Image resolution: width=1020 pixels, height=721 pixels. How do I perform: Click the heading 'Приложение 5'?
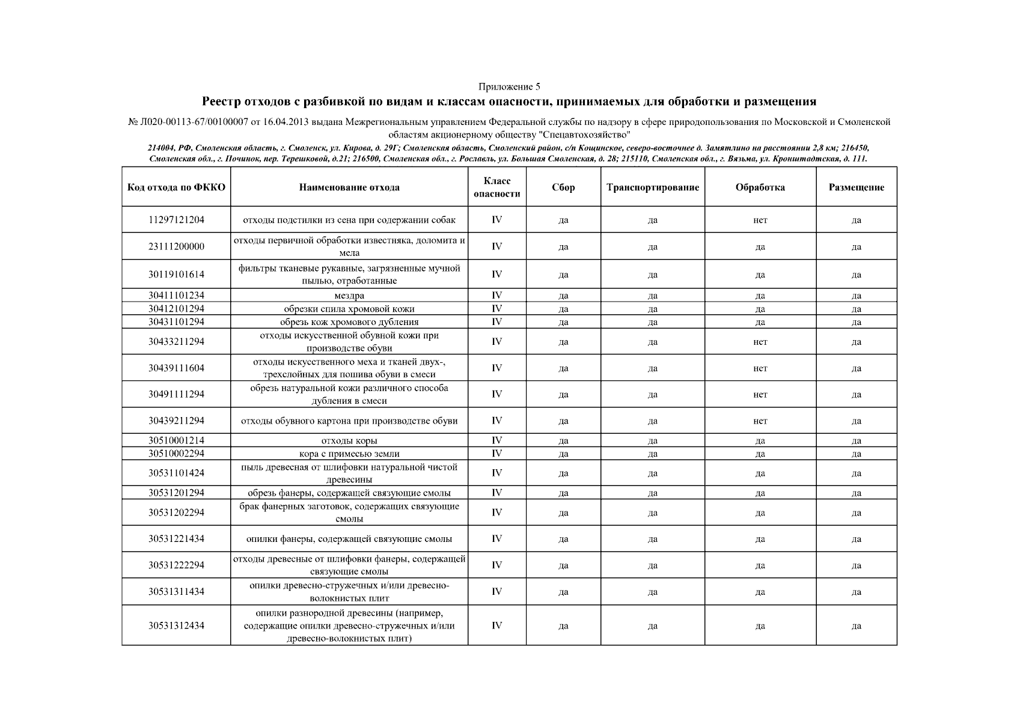tap(509, 87)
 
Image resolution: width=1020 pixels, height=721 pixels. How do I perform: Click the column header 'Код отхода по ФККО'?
tap(176, 187)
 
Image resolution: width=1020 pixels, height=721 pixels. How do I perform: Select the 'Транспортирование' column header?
tap(653, 187)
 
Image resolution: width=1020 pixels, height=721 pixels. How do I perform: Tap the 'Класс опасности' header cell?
tap(496, 187)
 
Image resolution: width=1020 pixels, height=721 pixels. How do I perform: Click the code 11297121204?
tap(176, 219)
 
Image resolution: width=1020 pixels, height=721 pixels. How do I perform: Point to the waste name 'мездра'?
tap(349, 295)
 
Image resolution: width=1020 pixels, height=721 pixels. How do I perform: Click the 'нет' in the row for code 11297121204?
tap(760, 220)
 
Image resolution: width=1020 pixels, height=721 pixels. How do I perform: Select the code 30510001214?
tap(176, 440)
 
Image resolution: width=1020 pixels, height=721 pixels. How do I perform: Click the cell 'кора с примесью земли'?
tap(349, 454)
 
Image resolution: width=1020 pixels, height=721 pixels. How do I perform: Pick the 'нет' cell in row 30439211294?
tap(760, 421)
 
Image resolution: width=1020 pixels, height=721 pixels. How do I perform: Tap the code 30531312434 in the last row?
tap(176, 625)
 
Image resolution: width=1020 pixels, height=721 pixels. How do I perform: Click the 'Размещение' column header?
tap(856, 187)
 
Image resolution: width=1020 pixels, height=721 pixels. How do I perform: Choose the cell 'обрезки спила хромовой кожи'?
tap(349, 309)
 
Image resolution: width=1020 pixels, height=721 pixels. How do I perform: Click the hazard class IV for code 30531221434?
tap(496, 538)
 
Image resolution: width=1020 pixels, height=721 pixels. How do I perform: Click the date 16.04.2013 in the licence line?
tap(286, 122)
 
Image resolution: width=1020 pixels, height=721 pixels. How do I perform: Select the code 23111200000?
tap(176, 246)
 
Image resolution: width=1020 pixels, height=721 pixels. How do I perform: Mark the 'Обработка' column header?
tap(760, 187)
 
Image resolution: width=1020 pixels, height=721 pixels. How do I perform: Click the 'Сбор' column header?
tap(563, 187)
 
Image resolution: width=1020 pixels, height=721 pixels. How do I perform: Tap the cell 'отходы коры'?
tap(349, 440)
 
